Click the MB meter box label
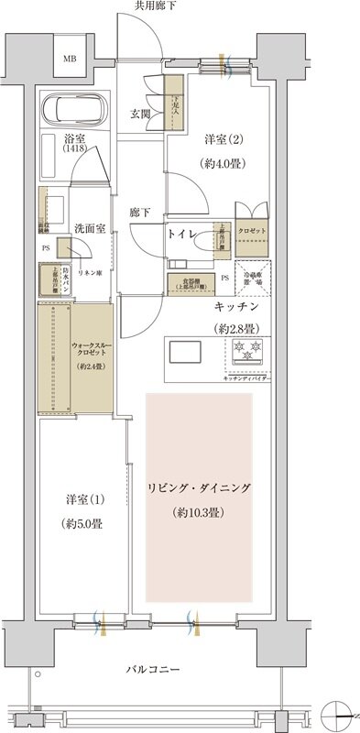pos(70,60)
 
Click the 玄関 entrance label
pos(140,114)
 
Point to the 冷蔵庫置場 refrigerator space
pos(251,276)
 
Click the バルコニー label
pos(155,671)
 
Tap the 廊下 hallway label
pos(140,212)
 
